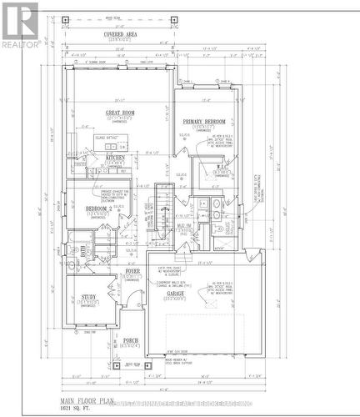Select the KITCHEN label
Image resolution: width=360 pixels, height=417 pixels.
tap(115, 157)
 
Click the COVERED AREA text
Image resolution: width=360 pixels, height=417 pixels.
tap(120, 34)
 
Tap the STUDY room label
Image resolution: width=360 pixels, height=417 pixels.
tap(88, 297)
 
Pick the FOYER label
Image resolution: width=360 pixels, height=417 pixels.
tap(132, 271)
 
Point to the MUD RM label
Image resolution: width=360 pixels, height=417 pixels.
tap(182, 226)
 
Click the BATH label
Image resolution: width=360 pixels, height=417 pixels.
tap(85, 250)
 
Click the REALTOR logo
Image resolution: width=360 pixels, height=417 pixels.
tap(19, 23)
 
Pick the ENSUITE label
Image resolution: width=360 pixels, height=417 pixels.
tap(222, 226)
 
